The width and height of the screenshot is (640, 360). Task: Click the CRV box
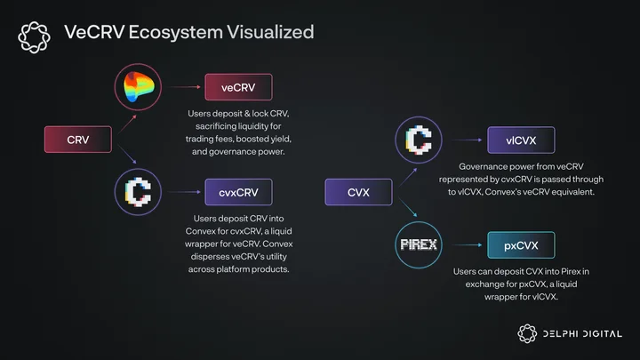(x=78, y=140)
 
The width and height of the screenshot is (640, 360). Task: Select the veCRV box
(x=238, y=87)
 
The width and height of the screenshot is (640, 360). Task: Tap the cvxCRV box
(x=238, y=192)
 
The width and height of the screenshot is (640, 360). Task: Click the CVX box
(x=358, y=192)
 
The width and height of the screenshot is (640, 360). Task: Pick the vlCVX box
(x=521, y=140)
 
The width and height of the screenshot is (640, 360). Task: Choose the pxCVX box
(x=521, y=245)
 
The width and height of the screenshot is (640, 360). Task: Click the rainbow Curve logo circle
(x=138, y=87)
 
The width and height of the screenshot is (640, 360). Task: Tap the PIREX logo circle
(x=419, y=245)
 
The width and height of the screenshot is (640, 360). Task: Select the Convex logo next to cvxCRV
(x=138, y=192)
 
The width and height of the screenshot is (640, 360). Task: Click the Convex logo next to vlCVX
(x=419, y=140)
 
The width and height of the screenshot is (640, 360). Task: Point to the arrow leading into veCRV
(x=185, y=87)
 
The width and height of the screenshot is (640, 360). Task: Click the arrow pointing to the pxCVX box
(x=468, y=245)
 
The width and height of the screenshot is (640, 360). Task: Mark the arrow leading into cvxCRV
(x=185, y=192)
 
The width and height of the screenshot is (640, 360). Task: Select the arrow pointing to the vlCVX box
(x=468, y=140)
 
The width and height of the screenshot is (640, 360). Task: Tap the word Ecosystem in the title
(x=175, y=33)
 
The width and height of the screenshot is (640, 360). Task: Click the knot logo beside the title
(x=35, y=37)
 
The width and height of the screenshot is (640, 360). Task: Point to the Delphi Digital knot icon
(x=527, y=333)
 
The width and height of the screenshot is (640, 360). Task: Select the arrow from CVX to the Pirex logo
(x=408, y=207)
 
